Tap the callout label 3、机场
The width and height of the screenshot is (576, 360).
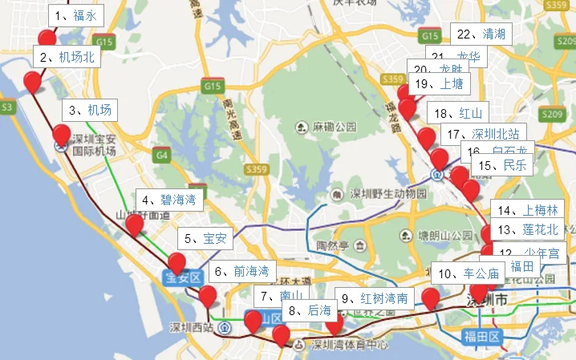(90, 111)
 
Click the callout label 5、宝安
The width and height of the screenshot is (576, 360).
(206, 238)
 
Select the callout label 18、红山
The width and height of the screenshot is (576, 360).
(460, 112)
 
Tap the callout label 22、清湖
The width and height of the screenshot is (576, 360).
(481, 34)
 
